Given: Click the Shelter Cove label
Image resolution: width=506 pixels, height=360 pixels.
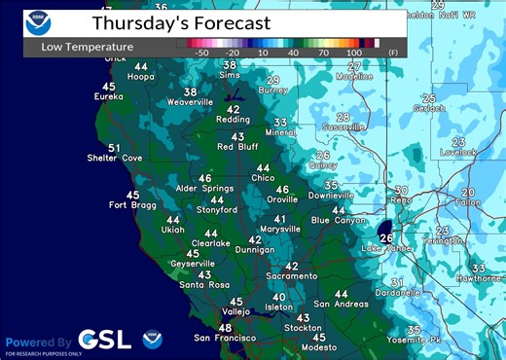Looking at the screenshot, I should [x=115, y=159].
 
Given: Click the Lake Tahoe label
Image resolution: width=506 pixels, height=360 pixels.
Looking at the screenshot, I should [x=384, y=249].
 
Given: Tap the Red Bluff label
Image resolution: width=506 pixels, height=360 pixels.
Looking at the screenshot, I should [x=237, y=147].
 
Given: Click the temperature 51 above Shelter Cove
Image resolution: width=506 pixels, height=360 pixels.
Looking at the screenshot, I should [x=114, y=148].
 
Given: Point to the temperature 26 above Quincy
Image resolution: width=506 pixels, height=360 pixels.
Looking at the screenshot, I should [x=323, y=155].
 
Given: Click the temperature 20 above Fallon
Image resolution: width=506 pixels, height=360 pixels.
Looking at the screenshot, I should [x=468, y=192].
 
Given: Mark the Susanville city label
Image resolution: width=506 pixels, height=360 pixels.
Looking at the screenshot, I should [x=343, y=126].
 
